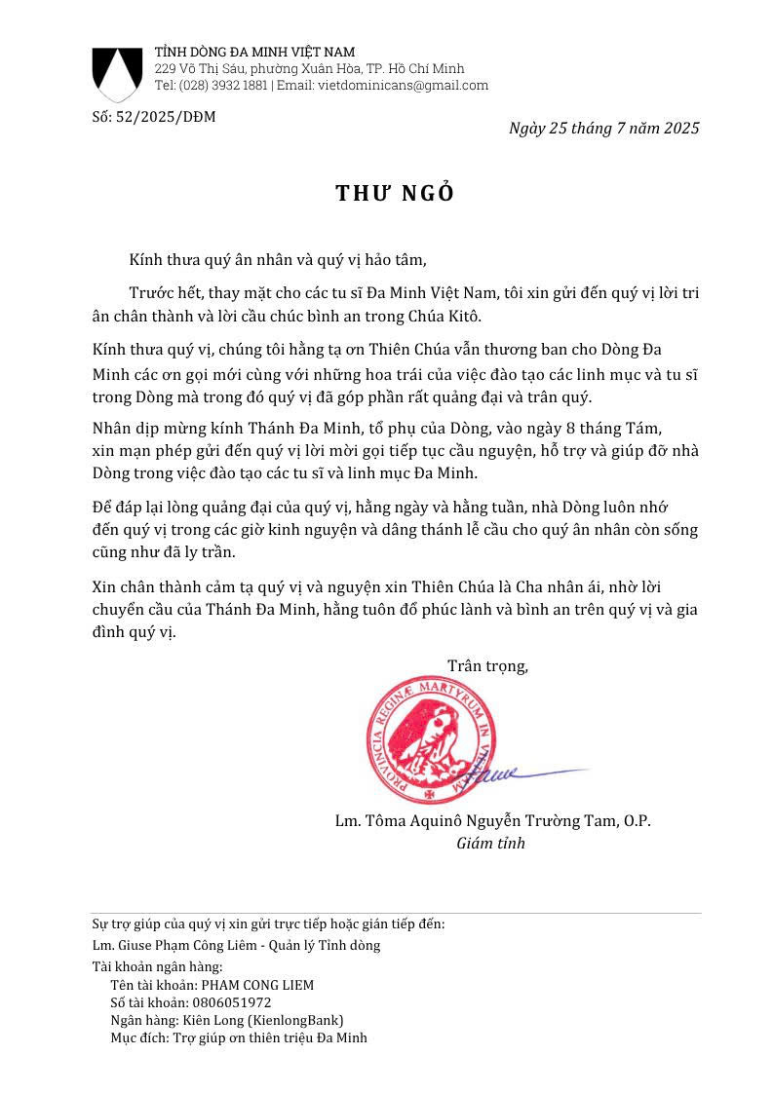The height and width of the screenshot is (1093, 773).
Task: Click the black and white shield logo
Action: pyautogui.click(x=116, y=74)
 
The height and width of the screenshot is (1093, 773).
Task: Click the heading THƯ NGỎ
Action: pyautogui.click(x=395, y=193)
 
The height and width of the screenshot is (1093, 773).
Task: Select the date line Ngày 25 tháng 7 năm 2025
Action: pyautogui.click(x=603, y=128)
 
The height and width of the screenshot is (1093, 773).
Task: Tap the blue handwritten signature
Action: pyautogui.click(x=512, y=774)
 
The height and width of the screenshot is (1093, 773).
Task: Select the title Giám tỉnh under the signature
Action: pyautogui.click(x=490, y=844)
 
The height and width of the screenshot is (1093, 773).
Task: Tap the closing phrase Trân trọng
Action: pyautogui.click(x=487, y=666)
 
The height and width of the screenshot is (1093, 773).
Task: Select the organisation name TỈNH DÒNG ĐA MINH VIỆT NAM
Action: pyautogui.click(x=254, y=52)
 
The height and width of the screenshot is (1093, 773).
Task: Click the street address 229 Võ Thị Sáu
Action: pyautogui.click(x=199, y=69)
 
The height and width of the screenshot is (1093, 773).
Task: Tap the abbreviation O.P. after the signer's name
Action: pyautogui.click(x=635, y=821)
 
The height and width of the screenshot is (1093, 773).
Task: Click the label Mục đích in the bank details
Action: pyautogui.click(x=137, y=1037)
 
